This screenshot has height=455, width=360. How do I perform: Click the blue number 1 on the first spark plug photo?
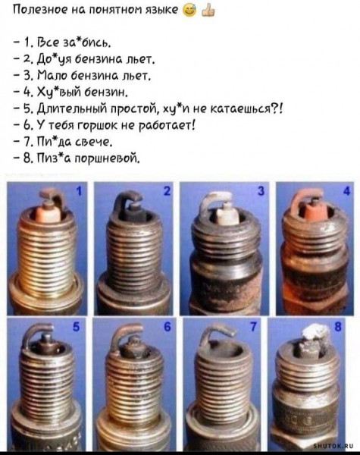78,191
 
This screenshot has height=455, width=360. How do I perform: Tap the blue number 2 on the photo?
167,191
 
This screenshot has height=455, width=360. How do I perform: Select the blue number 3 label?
261,191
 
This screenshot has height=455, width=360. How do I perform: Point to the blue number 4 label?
347,191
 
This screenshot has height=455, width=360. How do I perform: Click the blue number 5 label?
76,327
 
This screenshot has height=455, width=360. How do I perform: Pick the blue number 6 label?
167,327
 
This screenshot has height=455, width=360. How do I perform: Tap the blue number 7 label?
253,327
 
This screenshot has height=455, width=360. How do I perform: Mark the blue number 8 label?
338,327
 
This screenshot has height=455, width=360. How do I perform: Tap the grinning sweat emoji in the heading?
189,11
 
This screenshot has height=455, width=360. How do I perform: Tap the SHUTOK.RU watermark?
333,447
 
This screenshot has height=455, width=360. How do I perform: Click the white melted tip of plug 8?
316,331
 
